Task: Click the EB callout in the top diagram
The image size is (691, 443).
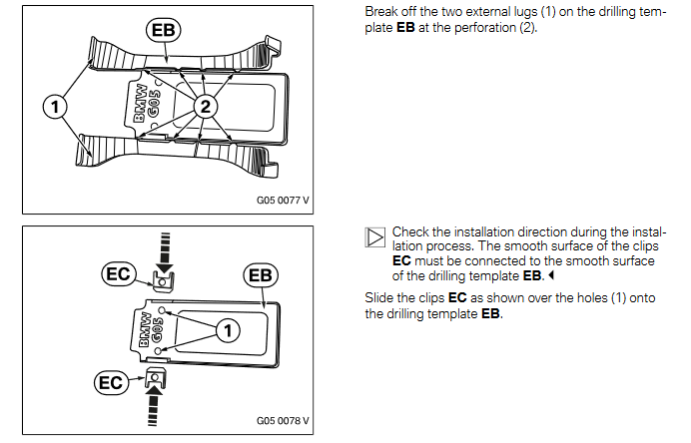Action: point(162,31)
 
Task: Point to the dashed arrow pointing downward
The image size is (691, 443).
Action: point(163,247)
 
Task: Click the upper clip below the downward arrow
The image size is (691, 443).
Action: point(160,281)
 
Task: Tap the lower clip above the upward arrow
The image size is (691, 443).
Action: point(155,377)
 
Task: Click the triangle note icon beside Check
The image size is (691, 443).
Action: point(375,238)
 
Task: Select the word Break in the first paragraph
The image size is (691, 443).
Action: point(382,10)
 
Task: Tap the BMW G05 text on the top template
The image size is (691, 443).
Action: point(145,106)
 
